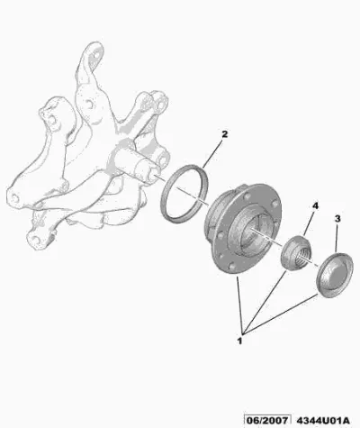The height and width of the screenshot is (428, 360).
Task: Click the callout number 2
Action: (x=224, y=134)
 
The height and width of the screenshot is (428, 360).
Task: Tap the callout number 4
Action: (x=315, y=206)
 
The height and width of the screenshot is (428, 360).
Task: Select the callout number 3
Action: (x=337, y=219)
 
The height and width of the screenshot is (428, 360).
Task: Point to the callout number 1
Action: (x=239, y=341)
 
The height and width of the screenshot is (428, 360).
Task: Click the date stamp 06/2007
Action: (x=267, y=420)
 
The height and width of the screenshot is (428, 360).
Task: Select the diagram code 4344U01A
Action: (x=323, y=420)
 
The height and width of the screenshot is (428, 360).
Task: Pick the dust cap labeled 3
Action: (x=335, y=276)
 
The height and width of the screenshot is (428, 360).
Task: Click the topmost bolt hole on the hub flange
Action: (x=247, y=196)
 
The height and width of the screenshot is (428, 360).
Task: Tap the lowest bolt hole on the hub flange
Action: (x=231, y=267)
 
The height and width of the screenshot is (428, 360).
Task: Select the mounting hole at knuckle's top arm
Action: (x=96, y=55)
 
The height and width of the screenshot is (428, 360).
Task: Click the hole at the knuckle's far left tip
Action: (x=14, y=197)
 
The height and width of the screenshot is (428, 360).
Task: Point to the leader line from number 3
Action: (x=337, y=238)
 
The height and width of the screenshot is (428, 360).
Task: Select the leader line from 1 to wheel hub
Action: (x=240, y=305)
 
